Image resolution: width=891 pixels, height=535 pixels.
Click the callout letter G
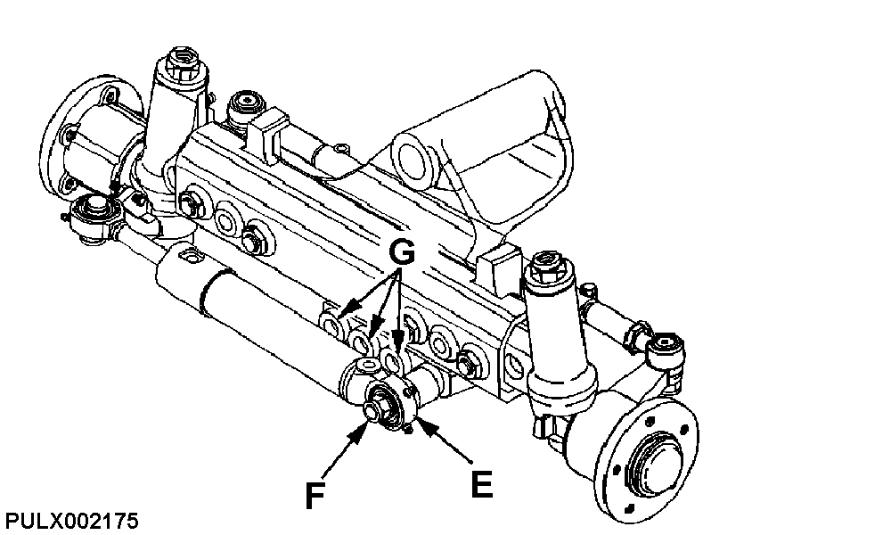pos(402,252)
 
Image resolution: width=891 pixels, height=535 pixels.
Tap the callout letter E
pos(481,484)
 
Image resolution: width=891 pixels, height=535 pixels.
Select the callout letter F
pos(315,495)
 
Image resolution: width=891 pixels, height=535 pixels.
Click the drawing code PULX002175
pos(71,521)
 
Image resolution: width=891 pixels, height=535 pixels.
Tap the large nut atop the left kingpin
pos(181,62)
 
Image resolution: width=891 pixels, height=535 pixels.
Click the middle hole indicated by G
pos(360,342)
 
